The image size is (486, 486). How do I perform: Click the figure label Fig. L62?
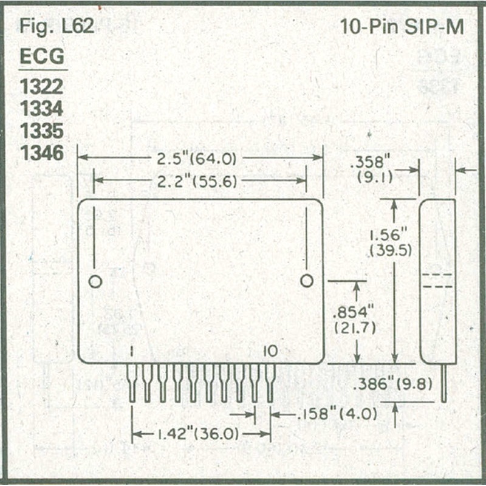[x=56, y=27]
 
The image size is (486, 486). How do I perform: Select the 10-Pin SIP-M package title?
[x=401, y=27]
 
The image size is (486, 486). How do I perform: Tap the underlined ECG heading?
[x=42, y=57]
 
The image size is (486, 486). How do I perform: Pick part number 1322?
[x=42, y=87]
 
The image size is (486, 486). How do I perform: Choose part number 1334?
[x=42, y=109]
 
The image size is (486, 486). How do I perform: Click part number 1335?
[x=42, y=131]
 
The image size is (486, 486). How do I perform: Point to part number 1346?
[x=42, y=153]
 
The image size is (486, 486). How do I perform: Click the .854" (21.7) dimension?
[x=355, y=320]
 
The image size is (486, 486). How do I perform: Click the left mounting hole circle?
[x=95, y=281]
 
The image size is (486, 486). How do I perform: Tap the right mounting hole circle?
[x=307, y=281]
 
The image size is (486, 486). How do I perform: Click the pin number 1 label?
[x=131, y=351]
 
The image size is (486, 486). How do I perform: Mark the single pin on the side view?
[x=443, y=383]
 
